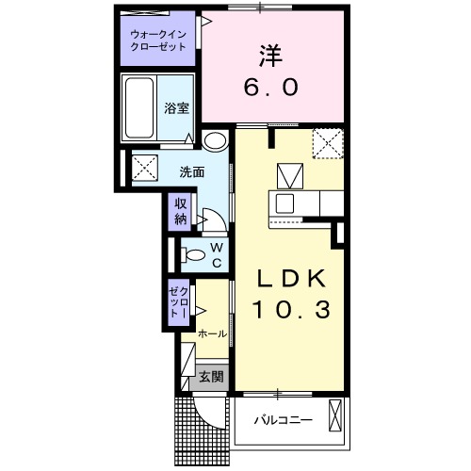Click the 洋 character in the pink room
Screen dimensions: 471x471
coord(270,57)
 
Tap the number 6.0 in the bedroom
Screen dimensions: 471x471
coord(270,88)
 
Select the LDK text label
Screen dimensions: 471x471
coord(291,279)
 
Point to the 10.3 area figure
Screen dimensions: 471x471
coord(291,309)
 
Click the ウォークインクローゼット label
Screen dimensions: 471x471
coord(158,41)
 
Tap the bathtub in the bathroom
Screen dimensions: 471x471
coord(139,107)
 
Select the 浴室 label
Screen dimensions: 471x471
coord(176,108)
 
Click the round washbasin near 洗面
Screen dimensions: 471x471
coord(215,140)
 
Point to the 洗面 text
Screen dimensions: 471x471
coord(192,172)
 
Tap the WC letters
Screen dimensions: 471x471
coord(217,255)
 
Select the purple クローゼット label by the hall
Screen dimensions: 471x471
coord(179,302)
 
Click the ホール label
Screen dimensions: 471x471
coord(213,333)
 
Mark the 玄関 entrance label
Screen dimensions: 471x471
coord(212,377)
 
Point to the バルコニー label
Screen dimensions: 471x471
coord(284,419)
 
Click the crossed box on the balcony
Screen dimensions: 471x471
coord(334,415)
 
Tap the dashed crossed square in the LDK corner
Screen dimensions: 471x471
coord(328,143)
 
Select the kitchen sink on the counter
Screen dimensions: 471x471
coord(284,203)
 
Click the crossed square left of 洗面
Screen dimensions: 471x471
coord(145,168)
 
